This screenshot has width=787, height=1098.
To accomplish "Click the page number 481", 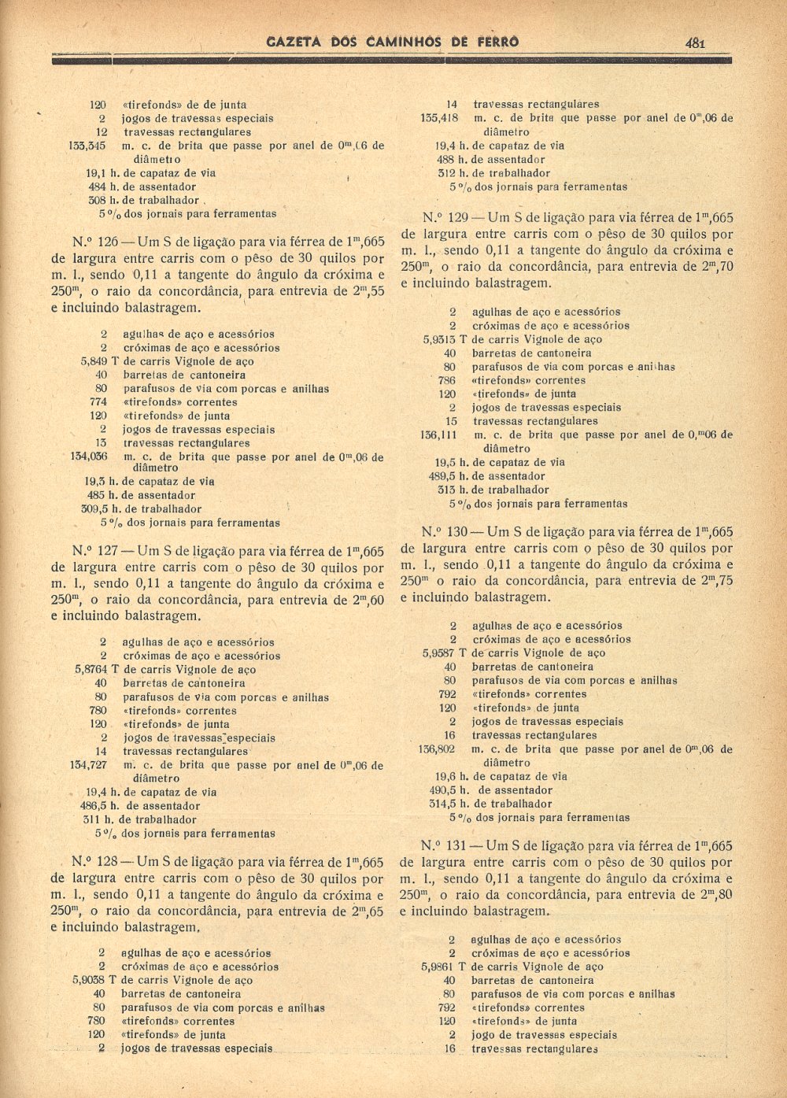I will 694,43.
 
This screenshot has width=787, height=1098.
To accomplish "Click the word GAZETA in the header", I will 294,42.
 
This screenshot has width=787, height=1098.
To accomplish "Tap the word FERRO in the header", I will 495,42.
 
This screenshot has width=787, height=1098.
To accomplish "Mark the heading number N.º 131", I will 444,846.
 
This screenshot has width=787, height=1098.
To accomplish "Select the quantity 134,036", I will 88,456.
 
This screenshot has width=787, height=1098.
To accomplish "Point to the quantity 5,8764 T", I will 98,670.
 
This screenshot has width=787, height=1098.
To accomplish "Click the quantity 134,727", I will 88,765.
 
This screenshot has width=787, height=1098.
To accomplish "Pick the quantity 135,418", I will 439,118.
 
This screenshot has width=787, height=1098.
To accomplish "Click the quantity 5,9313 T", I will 445,339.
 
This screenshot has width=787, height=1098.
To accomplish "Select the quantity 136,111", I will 439,434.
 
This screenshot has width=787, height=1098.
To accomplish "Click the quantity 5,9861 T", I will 445,967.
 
